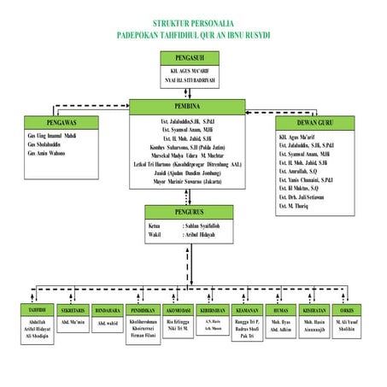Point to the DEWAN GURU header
coord(317,122)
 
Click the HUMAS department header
coord(281,309)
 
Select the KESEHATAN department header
coord(315,309)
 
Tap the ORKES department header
coord(348,309)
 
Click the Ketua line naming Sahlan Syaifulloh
coord(191,225)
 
